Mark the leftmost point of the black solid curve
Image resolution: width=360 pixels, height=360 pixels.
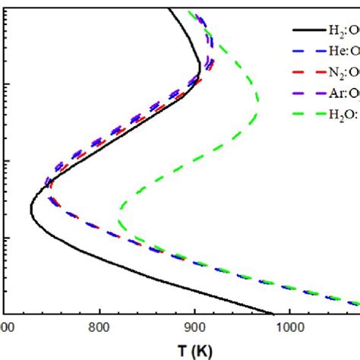(30, 208)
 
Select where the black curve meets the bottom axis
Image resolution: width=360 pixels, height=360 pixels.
(272, 312)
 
